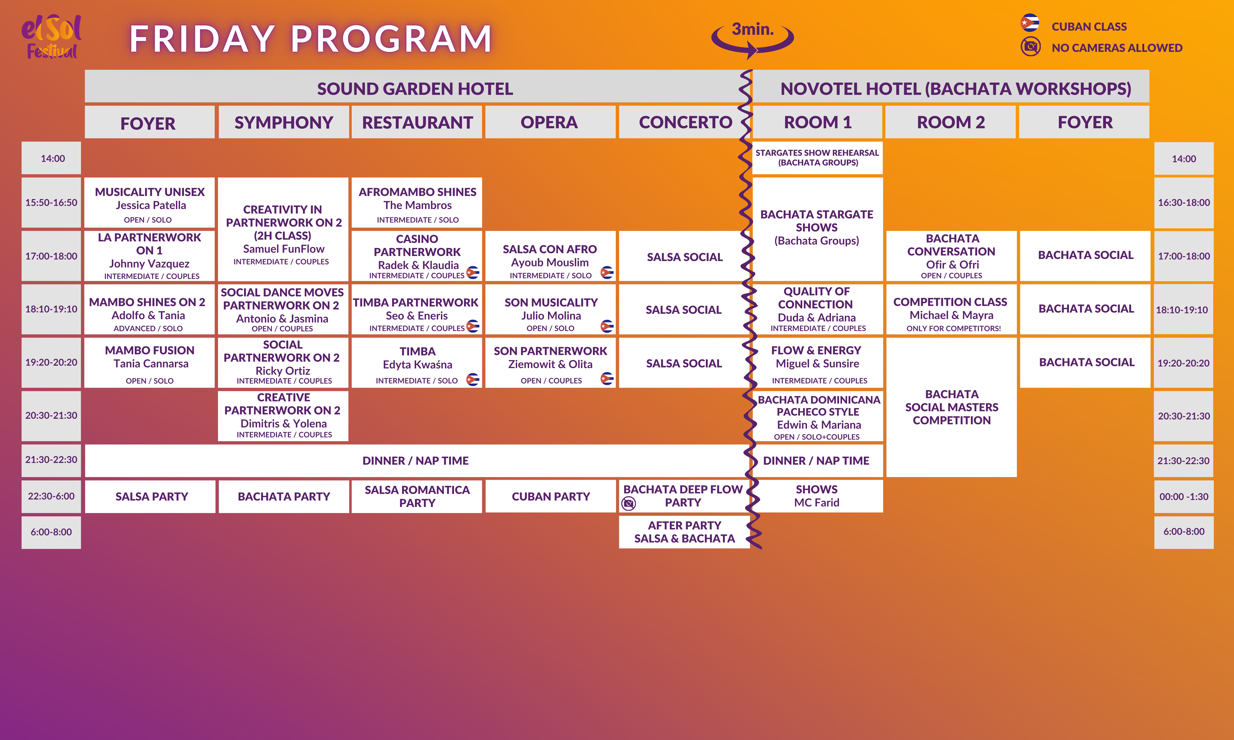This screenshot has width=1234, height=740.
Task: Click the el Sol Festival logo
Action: pyautogui.click(x=51, y=36)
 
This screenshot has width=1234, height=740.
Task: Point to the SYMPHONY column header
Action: pyautogui.click(x=283, y=122)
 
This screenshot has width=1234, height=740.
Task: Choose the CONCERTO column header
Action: pyautogui.click(x=685, y=122)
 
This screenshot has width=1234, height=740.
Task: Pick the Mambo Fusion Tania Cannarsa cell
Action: pyautogui.click(x=150, y=363)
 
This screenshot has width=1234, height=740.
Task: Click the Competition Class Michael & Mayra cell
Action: pyautogui.click(x=951, y=309)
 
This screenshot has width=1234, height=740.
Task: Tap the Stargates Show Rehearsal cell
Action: pyautogui.click(x=817, y=158)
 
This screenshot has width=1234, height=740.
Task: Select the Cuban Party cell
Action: pyautogui.click(x=551, y=496)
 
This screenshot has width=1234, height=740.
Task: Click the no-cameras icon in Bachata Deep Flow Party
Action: pyautogui.click(x=628, y=504)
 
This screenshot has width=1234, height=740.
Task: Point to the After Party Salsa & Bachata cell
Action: pyautogui.click(x=684, y=532)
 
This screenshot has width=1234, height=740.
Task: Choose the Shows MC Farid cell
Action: pyautogui.click(x=817, y=496)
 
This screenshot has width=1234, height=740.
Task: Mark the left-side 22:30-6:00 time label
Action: pyautogui.click(x=51, y=496)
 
